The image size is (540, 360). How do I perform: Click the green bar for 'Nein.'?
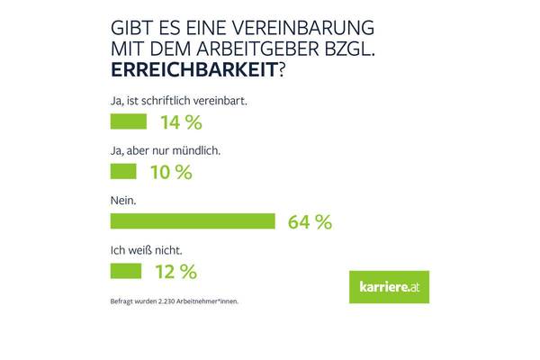(x=192, y=220)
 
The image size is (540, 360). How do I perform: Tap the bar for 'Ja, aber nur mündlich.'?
(x=121, y=171)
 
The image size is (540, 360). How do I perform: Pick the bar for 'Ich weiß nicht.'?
(x=125, y=270)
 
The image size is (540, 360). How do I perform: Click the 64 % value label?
(x=310, y=221)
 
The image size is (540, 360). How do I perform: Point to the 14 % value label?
(x=178, y=122)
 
